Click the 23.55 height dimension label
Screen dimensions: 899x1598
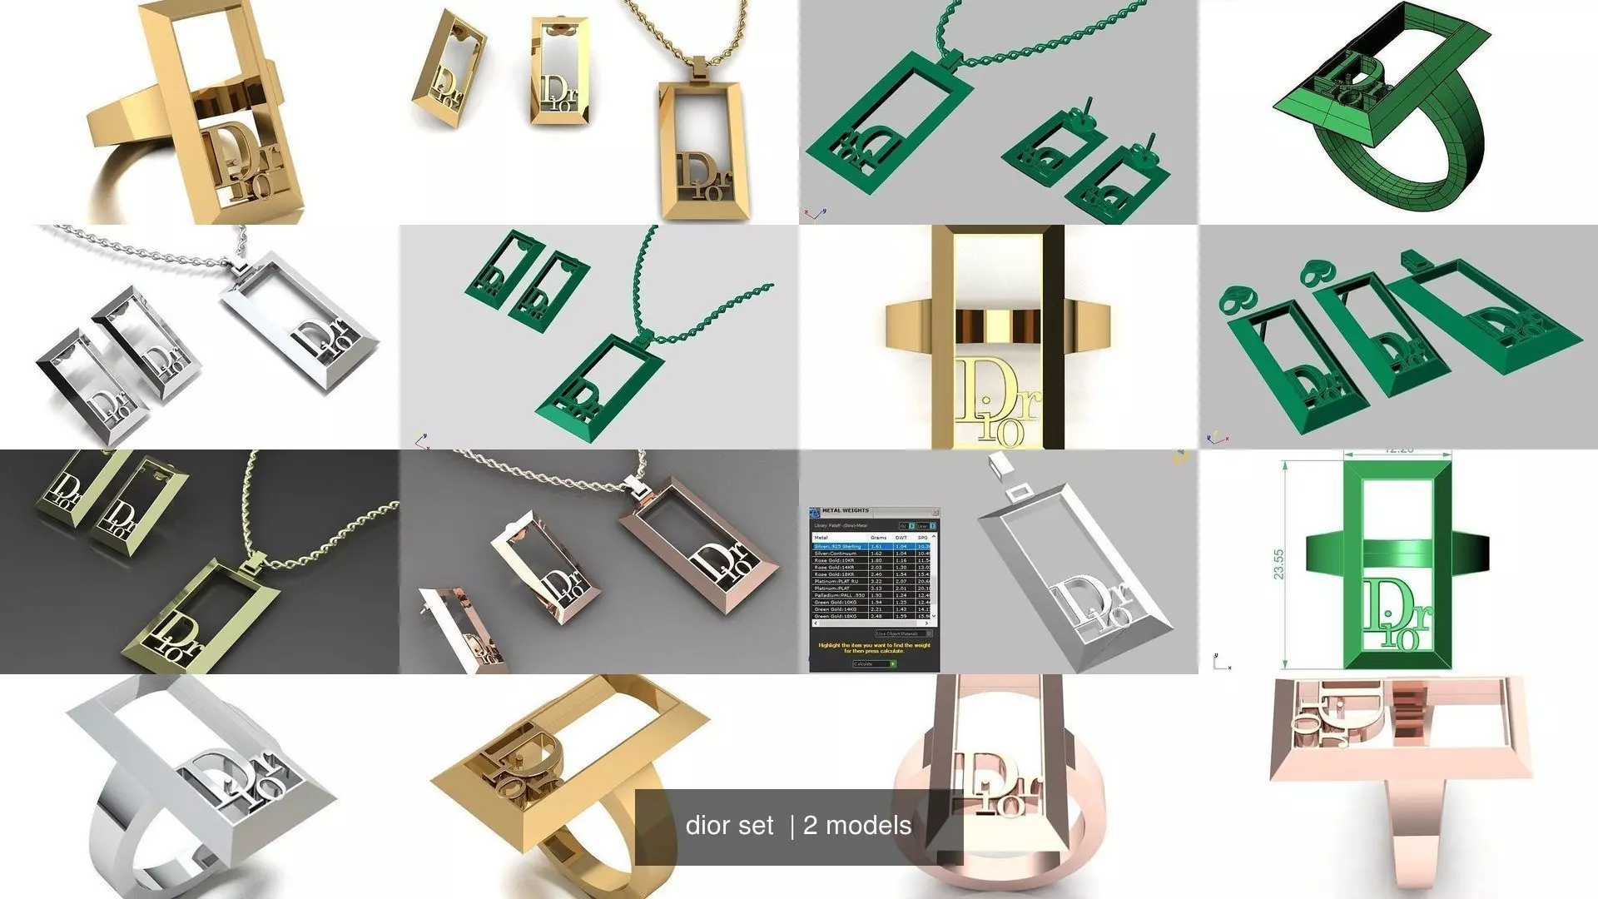1278,564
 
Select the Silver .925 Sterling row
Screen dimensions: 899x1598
838,546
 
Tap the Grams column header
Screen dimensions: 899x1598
878,538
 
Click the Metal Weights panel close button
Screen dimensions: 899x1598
935,512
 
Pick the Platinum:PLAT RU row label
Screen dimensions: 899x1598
836,581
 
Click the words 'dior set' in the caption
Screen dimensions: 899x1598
729,826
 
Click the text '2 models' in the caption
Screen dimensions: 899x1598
857,826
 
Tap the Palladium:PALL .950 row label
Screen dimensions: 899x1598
839,595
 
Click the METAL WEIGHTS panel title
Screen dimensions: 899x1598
845,510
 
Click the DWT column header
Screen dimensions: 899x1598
901,538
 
